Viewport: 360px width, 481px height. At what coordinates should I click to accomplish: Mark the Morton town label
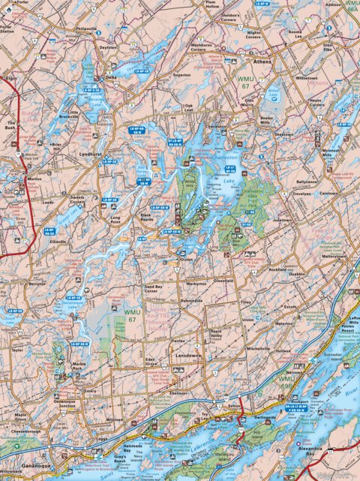tap(34, 179)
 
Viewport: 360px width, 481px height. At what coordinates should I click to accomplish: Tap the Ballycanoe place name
tap(306, 182)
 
